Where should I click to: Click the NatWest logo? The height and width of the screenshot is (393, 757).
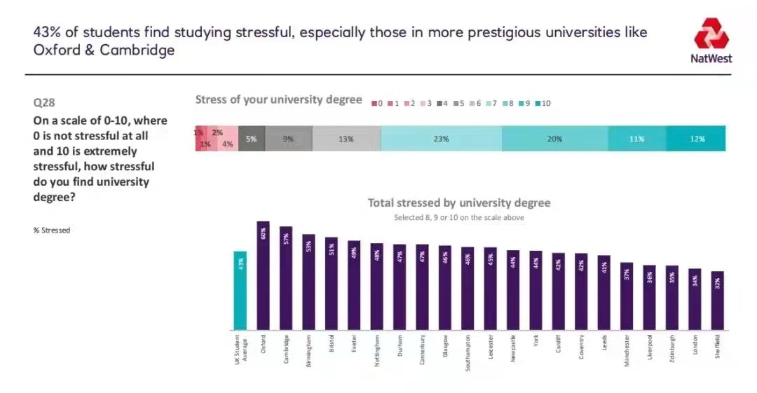pyautogui.click(x=712, y=41)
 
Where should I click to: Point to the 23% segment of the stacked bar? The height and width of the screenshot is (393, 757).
pyautogui.click(x=441, y=139)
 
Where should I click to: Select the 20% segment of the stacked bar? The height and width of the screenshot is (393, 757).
pyautogui.click(x=554, y=139)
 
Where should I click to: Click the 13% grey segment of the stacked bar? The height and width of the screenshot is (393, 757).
pyautogui.click(x=346, y=139)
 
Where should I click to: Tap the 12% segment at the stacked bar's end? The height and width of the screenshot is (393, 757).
pyautogui.click(x=696, y=139)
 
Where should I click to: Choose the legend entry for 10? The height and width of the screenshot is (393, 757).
pyautogui.click(x=541, y=103)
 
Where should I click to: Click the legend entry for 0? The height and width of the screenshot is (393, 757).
pyautogui.click(x=377, y=103)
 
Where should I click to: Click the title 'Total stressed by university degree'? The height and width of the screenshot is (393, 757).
pyautogui.click(x=459, y=203)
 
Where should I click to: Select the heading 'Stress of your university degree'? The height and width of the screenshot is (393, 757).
pyautogui.click(x=278, y=99)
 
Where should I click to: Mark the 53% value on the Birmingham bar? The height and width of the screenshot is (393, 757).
pyautogui.click(x=309, y=246)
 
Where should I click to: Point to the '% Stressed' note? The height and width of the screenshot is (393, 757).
pyautogui.click(x=52, y=230)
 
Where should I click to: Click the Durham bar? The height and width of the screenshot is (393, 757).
pyautogui.click(x=400, y=287)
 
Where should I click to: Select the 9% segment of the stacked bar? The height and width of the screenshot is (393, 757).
pyautogui.click(x=288, y=139)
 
